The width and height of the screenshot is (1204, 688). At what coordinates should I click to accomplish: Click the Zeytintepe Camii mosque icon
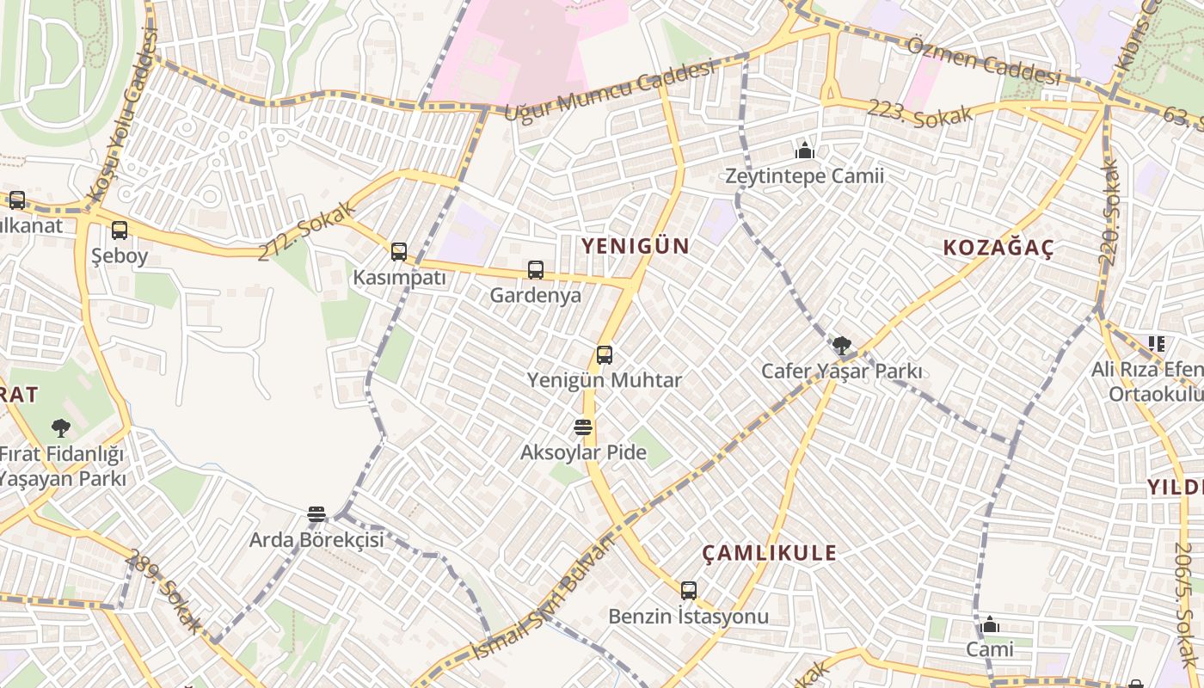pyautogui.click(x=805, y=151)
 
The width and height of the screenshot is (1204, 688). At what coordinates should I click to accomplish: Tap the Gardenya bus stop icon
pyautogui.click(x=536, y=270)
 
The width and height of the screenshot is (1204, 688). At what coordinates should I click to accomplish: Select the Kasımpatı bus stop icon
pyautogui.click(x=399, y=252)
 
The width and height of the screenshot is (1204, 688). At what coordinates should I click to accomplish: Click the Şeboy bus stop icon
pyautogui.click(x=120, y=230)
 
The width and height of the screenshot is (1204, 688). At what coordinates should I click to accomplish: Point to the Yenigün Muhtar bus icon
pyautogui.click(x=605, y=354)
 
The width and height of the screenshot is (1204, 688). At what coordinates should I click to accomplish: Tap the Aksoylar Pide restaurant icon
pyautogui.click(x=583, y=427)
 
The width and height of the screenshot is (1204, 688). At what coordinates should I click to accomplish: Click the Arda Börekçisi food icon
pyautogui.click(x=316, y=515)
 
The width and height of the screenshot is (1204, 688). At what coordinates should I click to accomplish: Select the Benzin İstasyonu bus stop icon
pyautogui.click(x=689, y=591)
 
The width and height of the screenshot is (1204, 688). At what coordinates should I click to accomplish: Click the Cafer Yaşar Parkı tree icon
pyautogui.click(x=842, y=346)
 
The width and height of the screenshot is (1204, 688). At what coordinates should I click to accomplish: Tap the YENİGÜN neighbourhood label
pyautogui.click(x=635, y=246)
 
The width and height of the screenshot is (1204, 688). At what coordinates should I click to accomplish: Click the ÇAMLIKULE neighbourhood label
pyautogui.click(x=769, y=553)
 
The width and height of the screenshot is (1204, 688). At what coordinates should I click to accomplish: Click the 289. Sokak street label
pyautogui.click(x=163, y=592)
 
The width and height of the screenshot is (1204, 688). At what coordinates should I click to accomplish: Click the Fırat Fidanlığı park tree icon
pyautogui.click(x=60, y=427)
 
